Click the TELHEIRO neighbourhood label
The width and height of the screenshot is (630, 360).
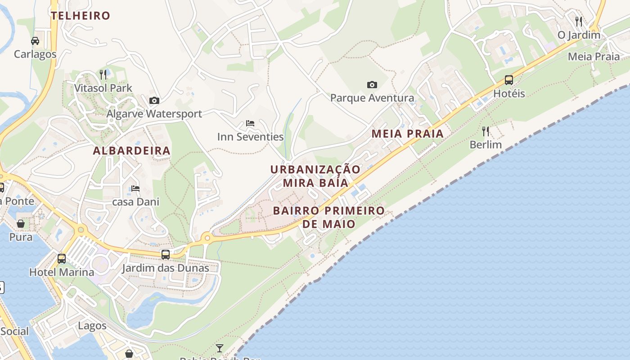pyautogui.click(x=81, y=16)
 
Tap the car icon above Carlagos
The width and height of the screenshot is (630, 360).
pyautogui.click(x=35, y=41)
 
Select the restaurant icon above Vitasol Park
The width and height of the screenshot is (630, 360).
pyautogui.click(x=103, y=74)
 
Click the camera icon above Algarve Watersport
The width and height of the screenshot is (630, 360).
pyautogui.click(x=154, y=100)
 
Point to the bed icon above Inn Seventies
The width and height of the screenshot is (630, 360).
pyautogui.click(x=250, y=123)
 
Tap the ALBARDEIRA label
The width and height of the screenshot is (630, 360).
pyautogui.click(x=132, y=151)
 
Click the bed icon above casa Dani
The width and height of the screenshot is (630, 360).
pyautogui.click(x=135, y=189)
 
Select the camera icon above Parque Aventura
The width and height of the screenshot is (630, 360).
pyautogui.click(x=372, y=85)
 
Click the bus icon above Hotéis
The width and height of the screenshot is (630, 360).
pyautogui.click(x=509, y=80)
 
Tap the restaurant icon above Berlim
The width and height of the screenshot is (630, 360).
pyautogui.click(x=486, y=131)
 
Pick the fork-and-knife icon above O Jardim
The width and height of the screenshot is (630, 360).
pyautogui.click(x=579, y=21)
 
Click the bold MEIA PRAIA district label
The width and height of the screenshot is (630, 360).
pyautogui.click(x=408, y=134)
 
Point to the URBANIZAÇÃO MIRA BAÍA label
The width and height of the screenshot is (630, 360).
pyautogui.click(x=315, y=176)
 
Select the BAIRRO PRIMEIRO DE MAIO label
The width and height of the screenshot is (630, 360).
pyautogui.click(x=329, y=217)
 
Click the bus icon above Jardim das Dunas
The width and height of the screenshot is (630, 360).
pyautogui.click(x=166, y=255)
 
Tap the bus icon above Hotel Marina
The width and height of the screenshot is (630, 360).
pyautogui.click(x=62, y=259)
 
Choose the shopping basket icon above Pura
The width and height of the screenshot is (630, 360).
pyautogui.click(x=21, y=223)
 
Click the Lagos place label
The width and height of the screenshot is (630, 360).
pyautogui.click(x=92, y=326)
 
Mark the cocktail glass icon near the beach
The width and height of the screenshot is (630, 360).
pyautogui.click(x=220, y=348)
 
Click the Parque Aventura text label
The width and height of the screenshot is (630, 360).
pyautogui.click(x=372, y=98)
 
